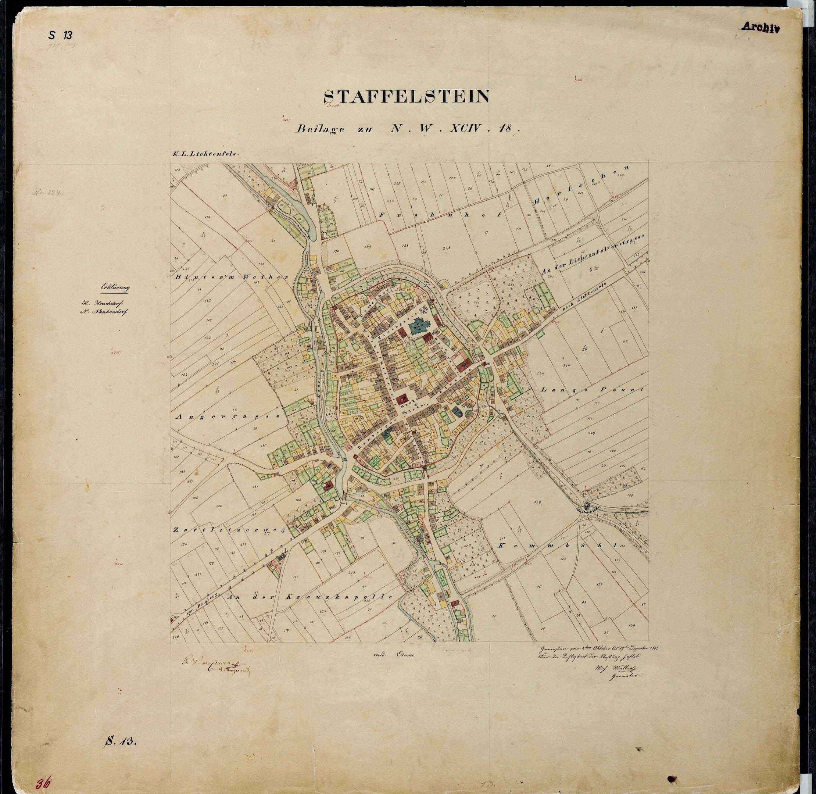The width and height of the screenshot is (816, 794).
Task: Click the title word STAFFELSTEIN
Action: pos(407,97)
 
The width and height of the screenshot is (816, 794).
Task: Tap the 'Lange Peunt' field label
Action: pos(592,390)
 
